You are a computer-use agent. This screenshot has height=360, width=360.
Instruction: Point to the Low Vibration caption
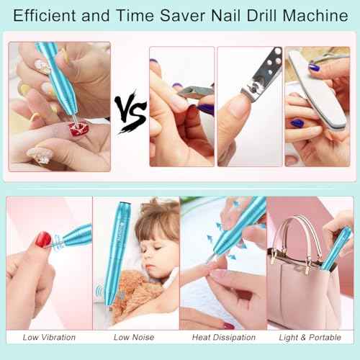(x=48, y=337)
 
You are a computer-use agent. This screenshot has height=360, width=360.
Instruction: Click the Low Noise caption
(x=135, y=337)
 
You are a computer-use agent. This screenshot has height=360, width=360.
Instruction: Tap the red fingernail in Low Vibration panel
(x=43, y=239)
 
